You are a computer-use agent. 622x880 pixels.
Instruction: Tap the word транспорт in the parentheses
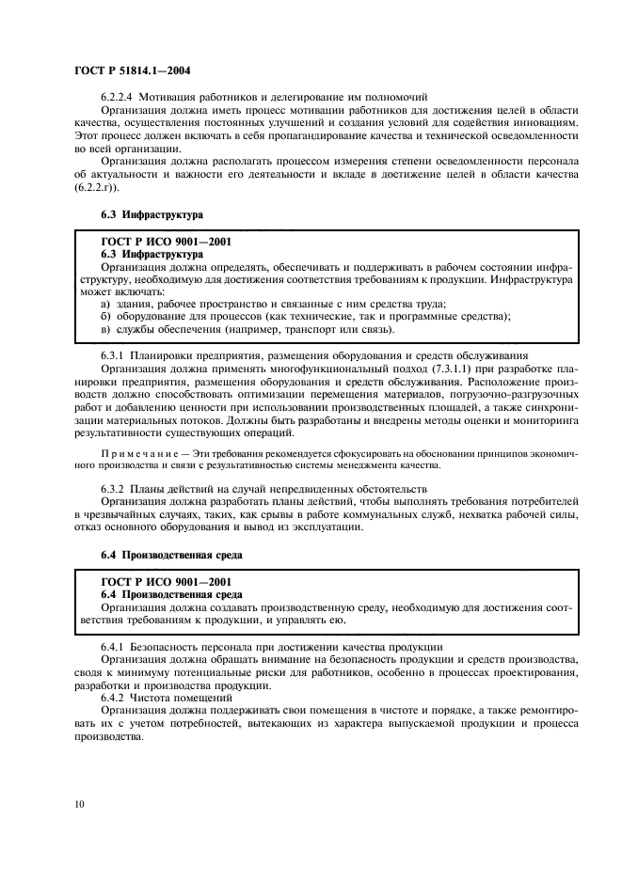pos(308,330)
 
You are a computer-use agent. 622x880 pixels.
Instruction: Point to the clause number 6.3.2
pos(113,489)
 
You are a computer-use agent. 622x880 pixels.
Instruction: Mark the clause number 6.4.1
pos(113,649)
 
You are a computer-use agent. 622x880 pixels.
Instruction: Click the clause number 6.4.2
pos(113,701)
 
